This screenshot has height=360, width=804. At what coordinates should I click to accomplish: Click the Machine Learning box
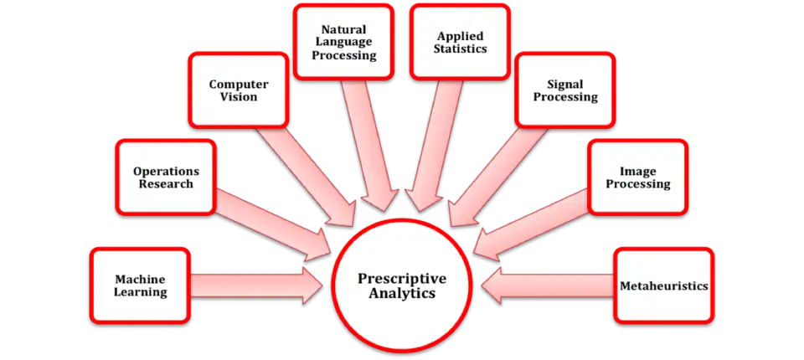pos(140,285)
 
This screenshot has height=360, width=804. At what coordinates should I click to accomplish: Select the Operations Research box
pos(166,177)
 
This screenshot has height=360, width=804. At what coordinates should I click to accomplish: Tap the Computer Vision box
pos(239,90)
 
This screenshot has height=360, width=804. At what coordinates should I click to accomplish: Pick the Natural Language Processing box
pos(344,42)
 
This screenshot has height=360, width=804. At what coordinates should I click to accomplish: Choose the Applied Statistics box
pos(460,42)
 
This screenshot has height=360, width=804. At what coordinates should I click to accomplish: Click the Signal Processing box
pos(565,90)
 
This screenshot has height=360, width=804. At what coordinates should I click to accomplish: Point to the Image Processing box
pos(638,177)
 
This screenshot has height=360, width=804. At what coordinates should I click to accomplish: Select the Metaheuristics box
pos(664,285)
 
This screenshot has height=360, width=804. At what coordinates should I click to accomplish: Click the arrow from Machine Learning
pos(256,285)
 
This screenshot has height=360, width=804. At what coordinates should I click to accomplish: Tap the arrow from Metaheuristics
pos(548,285)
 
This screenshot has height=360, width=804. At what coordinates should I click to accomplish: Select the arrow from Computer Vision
pos(307,176)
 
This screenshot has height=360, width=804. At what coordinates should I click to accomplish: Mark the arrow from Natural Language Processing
pos(370,146)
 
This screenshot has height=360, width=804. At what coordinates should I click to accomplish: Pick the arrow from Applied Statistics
pos(434,146)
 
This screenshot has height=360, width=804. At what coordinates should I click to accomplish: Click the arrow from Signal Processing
pos(497,176)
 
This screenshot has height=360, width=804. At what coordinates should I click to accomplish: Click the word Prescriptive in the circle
pos(402,280)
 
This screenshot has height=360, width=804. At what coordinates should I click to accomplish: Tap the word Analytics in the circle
pos(402,295)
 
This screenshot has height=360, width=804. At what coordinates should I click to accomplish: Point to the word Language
pos(343,42)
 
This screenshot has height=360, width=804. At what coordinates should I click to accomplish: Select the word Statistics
pos(460,49)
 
